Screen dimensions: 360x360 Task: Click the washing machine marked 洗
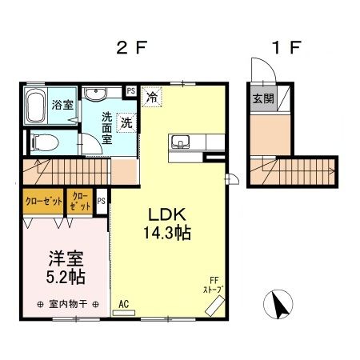tap(126, 122)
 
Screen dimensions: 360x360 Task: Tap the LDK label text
tap(166, 215)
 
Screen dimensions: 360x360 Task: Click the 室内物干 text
tap(67, 304)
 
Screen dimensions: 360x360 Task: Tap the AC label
tap(123, 304)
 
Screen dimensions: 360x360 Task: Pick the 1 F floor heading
tap(284, 47)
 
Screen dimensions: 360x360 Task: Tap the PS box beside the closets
tap(102, 201)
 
